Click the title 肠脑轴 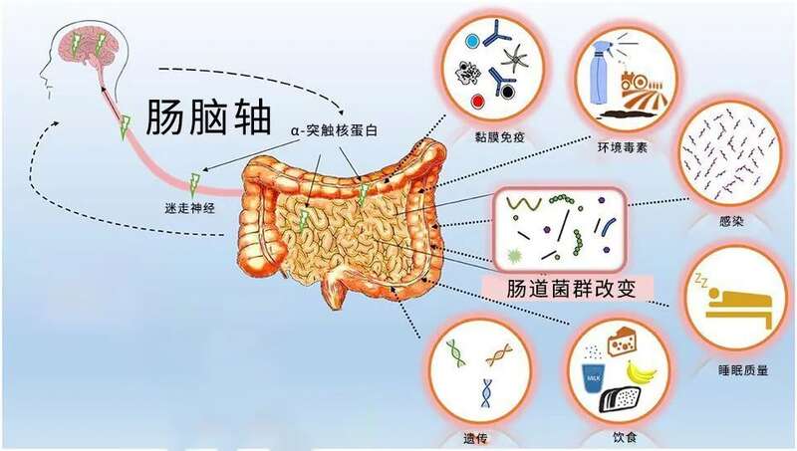pos(208,117)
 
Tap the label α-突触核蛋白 pos(334,130)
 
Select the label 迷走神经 pos(189,208)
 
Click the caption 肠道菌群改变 pos(571,290)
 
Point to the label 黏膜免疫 pos(500,136)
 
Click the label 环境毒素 pos(623,147)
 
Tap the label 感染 pos(731,221)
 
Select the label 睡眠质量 pos(743,370)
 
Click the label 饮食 pos(625,437)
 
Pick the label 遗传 pos(476,438)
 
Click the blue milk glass pos(593,377)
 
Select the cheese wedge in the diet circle pos(623,342)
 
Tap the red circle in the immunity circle pos(477,101)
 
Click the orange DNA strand pos(498,354)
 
